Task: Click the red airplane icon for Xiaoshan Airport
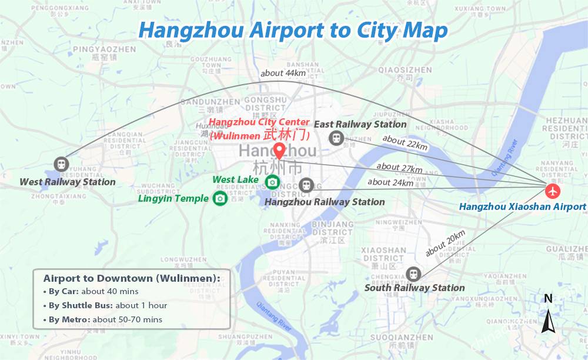tap(553, 191)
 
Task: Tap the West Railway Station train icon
tap(60, 164)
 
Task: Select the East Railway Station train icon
tap(336, 138)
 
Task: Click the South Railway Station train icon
tap(413, 274)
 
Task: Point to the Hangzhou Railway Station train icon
tap(305, 185)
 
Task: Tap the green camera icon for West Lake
tap(272, 182)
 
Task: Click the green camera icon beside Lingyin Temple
tap(220, 198)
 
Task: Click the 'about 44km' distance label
tap(283, 74)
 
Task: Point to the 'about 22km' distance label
tap(405, 143)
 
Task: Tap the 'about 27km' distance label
tap(399, 168)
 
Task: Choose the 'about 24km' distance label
tap(390, 182)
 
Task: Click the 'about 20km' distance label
tap(445, 243)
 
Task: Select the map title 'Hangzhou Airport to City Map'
tap(293, 31)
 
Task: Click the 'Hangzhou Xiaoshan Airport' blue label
tap(522, 206)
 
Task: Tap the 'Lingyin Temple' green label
tap(173, 198)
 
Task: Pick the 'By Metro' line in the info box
tap(103, 319)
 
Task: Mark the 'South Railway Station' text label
tap(415, 288)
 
